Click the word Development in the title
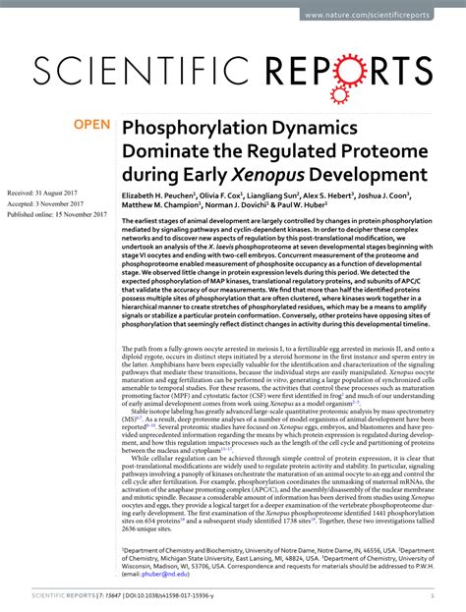(x=379, y=175)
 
